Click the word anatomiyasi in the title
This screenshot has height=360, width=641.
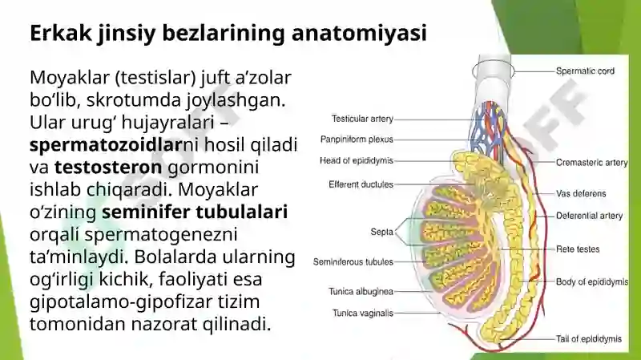pos(359,33)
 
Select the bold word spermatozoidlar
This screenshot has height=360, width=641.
pos(106,145)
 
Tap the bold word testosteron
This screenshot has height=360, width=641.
pos(108,167)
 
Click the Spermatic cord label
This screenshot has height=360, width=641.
pos(585,71)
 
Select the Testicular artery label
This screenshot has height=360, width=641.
pos(362,119)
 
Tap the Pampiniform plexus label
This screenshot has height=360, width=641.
pos(357,140)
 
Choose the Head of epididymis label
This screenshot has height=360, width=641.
pos(357,161)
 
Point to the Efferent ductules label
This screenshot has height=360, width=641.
pos(361,184)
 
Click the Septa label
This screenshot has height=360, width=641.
pos(382,232)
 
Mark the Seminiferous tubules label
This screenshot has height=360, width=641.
pos(353,262)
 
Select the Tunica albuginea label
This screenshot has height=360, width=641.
pos(361,292)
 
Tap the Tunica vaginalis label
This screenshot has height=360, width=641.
pos(363,313)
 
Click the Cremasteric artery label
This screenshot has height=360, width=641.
pos(591,163)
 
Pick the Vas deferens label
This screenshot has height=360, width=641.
pos(581,193)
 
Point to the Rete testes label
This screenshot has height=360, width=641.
pos(578,249)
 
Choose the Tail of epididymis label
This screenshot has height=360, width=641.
pos(589,339)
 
